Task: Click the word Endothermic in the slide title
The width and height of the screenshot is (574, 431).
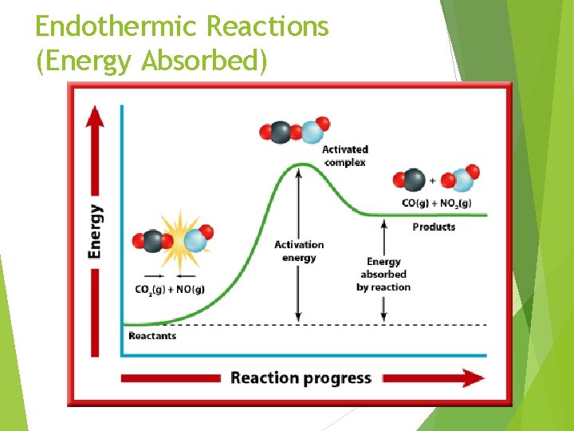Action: click(116, 26)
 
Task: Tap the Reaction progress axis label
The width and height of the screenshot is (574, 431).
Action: click(301, 378)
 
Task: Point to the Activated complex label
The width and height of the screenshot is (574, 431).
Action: click(344, 156)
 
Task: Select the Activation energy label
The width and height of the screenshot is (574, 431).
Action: click(299, 251)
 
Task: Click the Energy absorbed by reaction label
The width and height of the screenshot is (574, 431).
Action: click(383, 274)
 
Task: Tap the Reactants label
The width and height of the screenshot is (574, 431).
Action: click(152, 336)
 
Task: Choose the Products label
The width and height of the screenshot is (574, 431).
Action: click(434, 227)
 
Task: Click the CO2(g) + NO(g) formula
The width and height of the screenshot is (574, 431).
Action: click(169, 289)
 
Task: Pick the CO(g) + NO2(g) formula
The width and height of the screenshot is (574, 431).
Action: click(436, 203)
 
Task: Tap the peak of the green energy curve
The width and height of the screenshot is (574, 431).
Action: click(300, 165)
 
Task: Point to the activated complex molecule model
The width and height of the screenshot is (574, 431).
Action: click(294, 131)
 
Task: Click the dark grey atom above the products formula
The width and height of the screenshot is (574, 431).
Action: click(413, 180)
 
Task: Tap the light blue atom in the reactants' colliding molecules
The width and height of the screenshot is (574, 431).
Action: click(195, 239)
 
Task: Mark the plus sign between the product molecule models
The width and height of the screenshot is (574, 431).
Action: click(433, 180)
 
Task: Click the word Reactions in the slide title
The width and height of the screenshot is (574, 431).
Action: click(267, 26)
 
